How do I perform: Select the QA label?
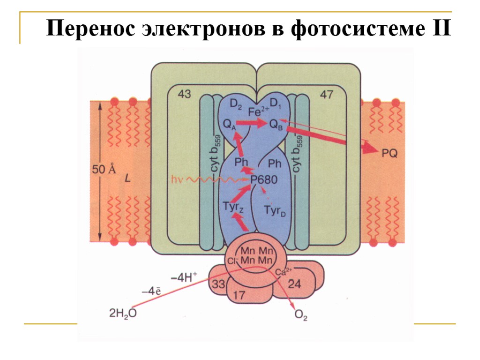(x=229, y=124)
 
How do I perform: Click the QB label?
(x=276, y=124)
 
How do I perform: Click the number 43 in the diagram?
(x=184, y=95)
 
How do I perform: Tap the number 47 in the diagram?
(x=326, y=95)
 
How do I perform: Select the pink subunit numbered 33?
(x=219, y=284)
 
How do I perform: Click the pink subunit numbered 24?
(x=294, y=284)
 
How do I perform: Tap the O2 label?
(x=301, y=316)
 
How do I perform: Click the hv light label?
(x=177, y=179)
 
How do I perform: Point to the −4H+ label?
(x=184, y=277)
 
